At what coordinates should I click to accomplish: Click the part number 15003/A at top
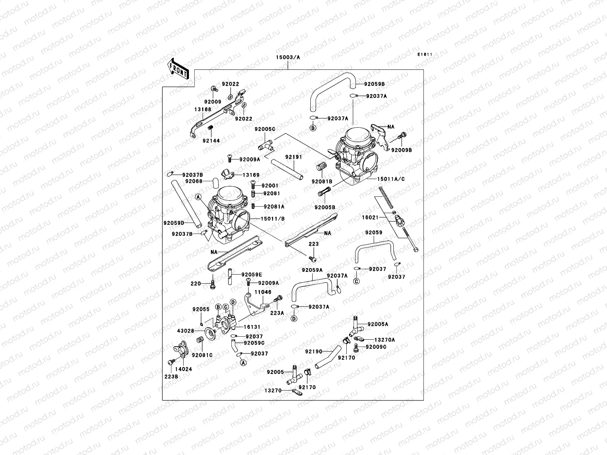pos(288,57)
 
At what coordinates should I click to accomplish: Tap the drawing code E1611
pos(425,55)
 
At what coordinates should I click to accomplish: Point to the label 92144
pos(211,141)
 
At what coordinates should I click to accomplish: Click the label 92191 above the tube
pos(294,157)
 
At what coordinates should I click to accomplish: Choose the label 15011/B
pos(272,219)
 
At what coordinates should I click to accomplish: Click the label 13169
pos(251,175)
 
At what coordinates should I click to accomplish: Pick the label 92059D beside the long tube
pos(174,223)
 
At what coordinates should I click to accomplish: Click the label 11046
pos(263,292)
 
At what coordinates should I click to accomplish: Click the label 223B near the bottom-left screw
pos(171,376)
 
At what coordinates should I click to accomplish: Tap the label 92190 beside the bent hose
pos(313,351)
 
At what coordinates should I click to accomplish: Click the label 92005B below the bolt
pos(324,207)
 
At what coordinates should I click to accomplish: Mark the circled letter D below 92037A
pos(294,318)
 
